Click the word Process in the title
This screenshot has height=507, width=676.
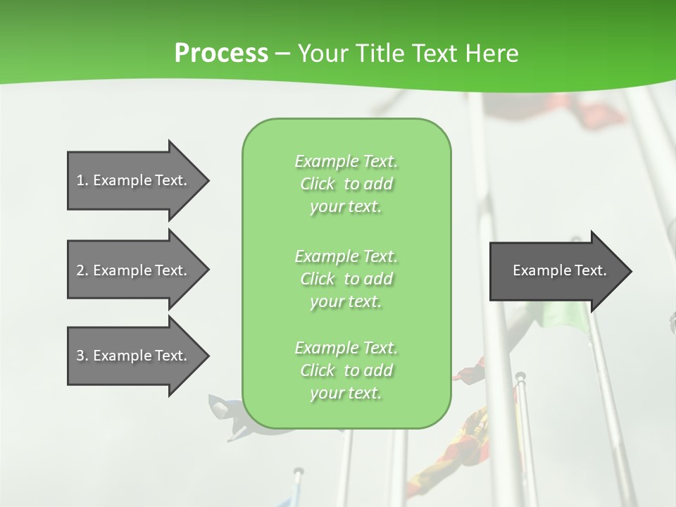point(221,54)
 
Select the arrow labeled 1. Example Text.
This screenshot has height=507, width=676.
point(134,180)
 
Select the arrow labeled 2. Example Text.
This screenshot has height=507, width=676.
point(134,270)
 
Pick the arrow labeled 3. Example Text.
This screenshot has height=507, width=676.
point(134,356)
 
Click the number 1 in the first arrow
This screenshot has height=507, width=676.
point(80,180)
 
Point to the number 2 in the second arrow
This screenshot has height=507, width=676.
point(80,270)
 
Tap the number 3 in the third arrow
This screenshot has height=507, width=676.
point(80,356)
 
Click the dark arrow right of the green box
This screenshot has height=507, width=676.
point(556,270)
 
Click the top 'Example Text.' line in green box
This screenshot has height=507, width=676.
point(346,162)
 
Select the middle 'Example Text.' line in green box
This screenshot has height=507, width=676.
point(346,256)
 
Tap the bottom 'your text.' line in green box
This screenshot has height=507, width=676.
point(346,393)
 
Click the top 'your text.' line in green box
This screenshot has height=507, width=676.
point(346,207)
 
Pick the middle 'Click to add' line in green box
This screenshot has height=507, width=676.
point(346,279)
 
